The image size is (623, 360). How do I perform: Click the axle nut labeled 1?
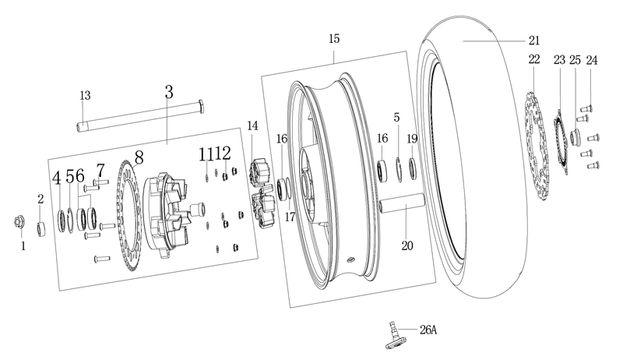tap(19, 222)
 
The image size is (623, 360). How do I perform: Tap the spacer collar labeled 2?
tap(42, 229)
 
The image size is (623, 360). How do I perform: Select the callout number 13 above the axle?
tap(85, 95)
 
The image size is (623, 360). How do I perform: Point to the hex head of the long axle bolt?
tap(201, 107)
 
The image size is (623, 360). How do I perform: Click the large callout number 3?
tap(169, 92)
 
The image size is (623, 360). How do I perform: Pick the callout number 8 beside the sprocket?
tap(139, 157)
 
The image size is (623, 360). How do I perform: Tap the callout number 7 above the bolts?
tap(100, 171)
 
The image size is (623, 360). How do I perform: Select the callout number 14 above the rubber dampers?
tap(252, 125)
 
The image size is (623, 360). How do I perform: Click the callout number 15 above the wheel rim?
tap(334, 38)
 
